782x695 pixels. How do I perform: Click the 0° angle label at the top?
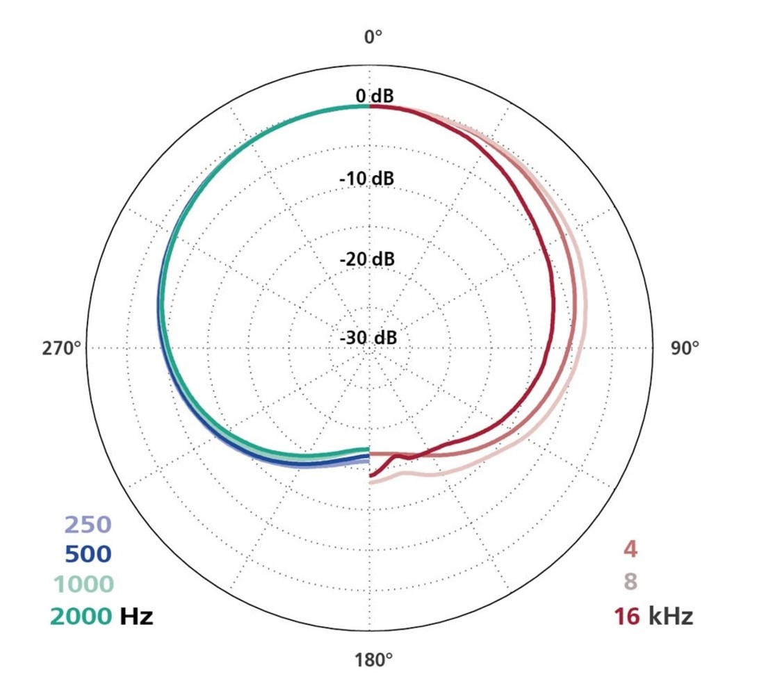373,36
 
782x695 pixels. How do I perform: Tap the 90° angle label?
685,348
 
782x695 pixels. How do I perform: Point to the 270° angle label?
62,348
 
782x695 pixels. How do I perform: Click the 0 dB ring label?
374,97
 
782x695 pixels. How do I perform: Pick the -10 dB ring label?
367,179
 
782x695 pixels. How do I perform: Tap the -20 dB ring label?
367,259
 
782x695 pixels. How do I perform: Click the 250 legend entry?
88,525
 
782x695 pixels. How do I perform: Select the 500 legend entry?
88,554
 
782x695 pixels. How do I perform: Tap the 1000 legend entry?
81,584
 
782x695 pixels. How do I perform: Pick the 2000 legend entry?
80,615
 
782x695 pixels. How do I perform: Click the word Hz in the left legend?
136,615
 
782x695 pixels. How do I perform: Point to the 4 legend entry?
630,549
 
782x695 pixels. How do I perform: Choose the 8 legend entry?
630,581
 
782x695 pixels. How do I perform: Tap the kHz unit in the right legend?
670,616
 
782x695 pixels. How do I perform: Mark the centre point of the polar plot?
369,347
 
